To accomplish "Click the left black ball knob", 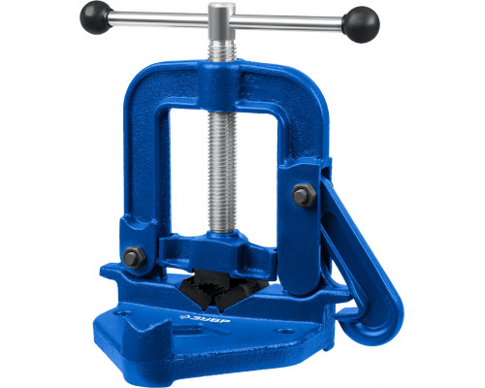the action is click(x=96, y=20).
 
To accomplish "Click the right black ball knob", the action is click(x=361, y=24).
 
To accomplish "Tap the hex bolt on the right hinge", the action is click(x=304, y=195).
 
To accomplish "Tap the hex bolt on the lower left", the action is click(x=133, y=257).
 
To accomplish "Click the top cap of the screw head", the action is click(x=222, y=8).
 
